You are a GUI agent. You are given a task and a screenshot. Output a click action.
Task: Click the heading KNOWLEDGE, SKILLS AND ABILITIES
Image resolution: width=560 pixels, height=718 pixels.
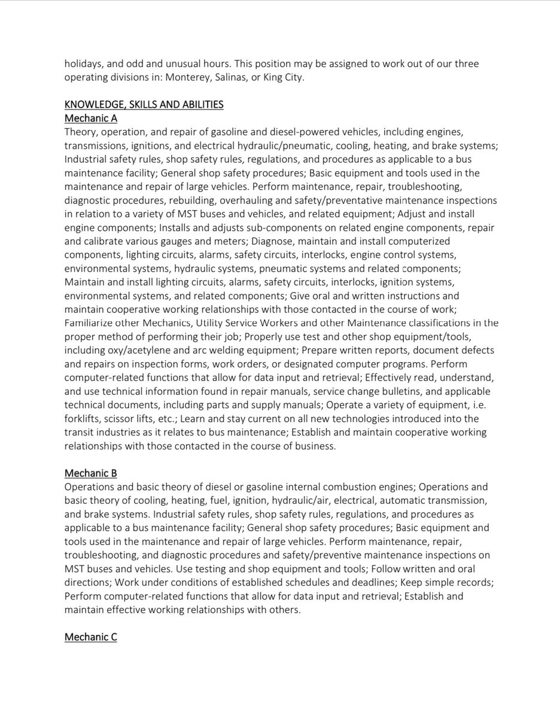pyautogui.click(x=144, y=105)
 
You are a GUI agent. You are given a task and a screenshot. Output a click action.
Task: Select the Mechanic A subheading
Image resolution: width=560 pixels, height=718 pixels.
pyautogui.click(x=90, y=118)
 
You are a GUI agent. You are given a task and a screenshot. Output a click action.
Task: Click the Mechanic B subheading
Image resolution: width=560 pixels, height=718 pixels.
pyautogui.click(x=90, y=473)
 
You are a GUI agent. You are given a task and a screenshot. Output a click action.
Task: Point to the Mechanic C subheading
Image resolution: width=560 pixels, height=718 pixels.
pyautogui.click(x=90, y=637)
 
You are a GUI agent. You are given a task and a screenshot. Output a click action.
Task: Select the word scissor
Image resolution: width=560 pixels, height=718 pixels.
pyautogui.click(x=125, y=418)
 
